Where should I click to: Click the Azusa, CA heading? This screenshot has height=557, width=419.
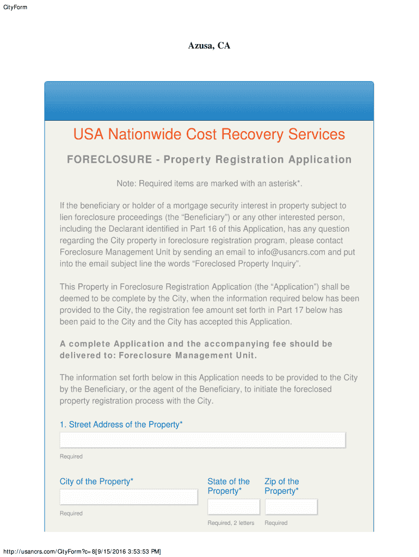[x=209, y=46]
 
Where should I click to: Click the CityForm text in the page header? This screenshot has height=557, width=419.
[x=15, y=7]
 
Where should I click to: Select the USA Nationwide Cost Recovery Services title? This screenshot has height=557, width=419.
[x=209, y=134]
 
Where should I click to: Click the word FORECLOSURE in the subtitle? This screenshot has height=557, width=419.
[x=109, y=159]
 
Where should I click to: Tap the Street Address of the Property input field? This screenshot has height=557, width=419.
[x=202, y=440]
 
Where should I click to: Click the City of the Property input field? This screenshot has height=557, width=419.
[x=128, y=497]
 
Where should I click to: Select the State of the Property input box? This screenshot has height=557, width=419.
[x=233, y=506]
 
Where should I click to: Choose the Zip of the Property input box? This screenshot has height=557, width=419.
[x=291, y=506]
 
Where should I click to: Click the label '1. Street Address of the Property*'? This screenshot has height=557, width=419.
[x=121, y=424]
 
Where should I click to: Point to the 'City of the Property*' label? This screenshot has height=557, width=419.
[x=96, y=481]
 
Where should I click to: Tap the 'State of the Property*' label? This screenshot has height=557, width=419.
[x=229, y=486]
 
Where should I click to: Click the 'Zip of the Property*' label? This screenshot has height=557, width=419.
[x=282, y=486]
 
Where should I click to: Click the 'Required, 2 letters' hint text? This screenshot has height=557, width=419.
[x=231, y=523]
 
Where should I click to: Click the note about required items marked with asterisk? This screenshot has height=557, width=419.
[x=209, y=183]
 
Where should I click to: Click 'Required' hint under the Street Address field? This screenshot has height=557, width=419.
[x=71, y=456]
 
